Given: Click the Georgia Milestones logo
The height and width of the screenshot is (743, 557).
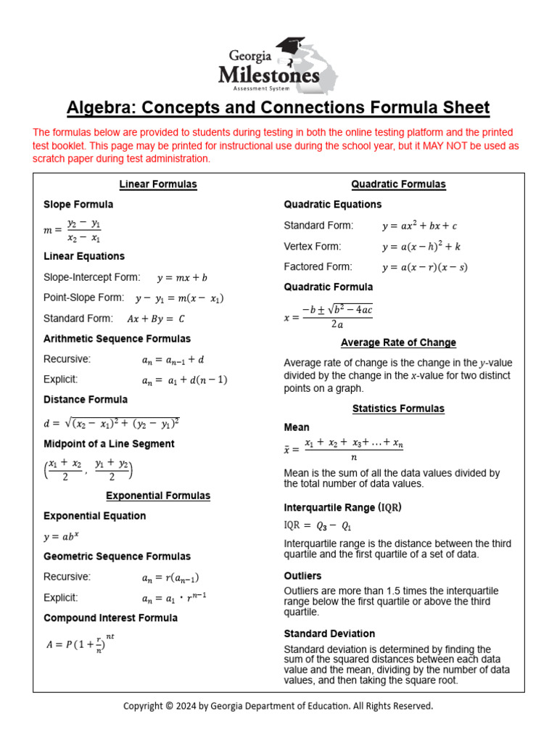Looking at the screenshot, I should tap(278, 65).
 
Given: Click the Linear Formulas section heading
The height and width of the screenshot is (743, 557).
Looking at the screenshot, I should tap(158, 184).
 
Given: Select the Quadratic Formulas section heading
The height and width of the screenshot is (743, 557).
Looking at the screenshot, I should tap(398, 184).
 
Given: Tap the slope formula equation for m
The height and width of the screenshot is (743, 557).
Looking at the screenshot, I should tap(73, 230).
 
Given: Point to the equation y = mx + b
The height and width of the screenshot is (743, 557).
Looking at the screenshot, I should tap(182, 278).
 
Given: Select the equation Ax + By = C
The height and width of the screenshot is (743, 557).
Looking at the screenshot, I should tap(156, 319).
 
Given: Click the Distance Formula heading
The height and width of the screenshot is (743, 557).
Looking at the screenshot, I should tap(86, 400).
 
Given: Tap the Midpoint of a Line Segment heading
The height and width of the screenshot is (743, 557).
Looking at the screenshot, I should tap(109, 444).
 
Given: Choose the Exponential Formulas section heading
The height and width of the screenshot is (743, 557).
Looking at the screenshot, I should tap(158, 496).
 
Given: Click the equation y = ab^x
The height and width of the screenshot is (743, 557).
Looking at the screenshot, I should tap(61, 537).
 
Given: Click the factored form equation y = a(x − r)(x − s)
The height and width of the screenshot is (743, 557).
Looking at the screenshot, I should tap(424, 267).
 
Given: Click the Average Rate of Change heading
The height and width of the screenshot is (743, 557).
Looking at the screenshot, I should tap(398, 342).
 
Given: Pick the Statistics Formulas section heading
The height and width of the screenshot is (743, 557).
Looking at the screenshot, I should tap(398, 409).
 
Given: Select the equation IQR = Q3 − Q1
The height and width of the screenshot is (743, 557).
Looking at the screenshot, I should tap(317, 525).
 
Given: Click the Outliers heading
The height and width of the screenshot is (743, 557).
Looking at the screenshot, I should tap(302, 576).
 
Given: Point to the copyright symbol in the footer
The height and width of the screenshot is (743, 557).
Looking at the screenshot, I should tap(168, 706).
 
